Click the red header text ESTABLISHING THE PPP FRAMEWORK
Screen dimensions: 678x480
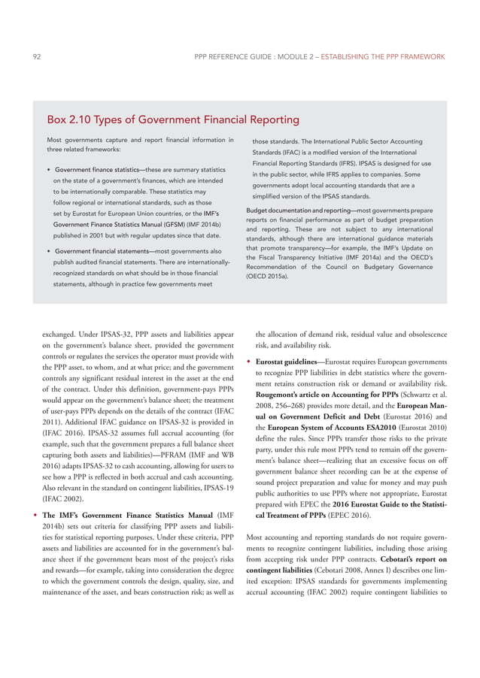[x=383, y=56]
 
